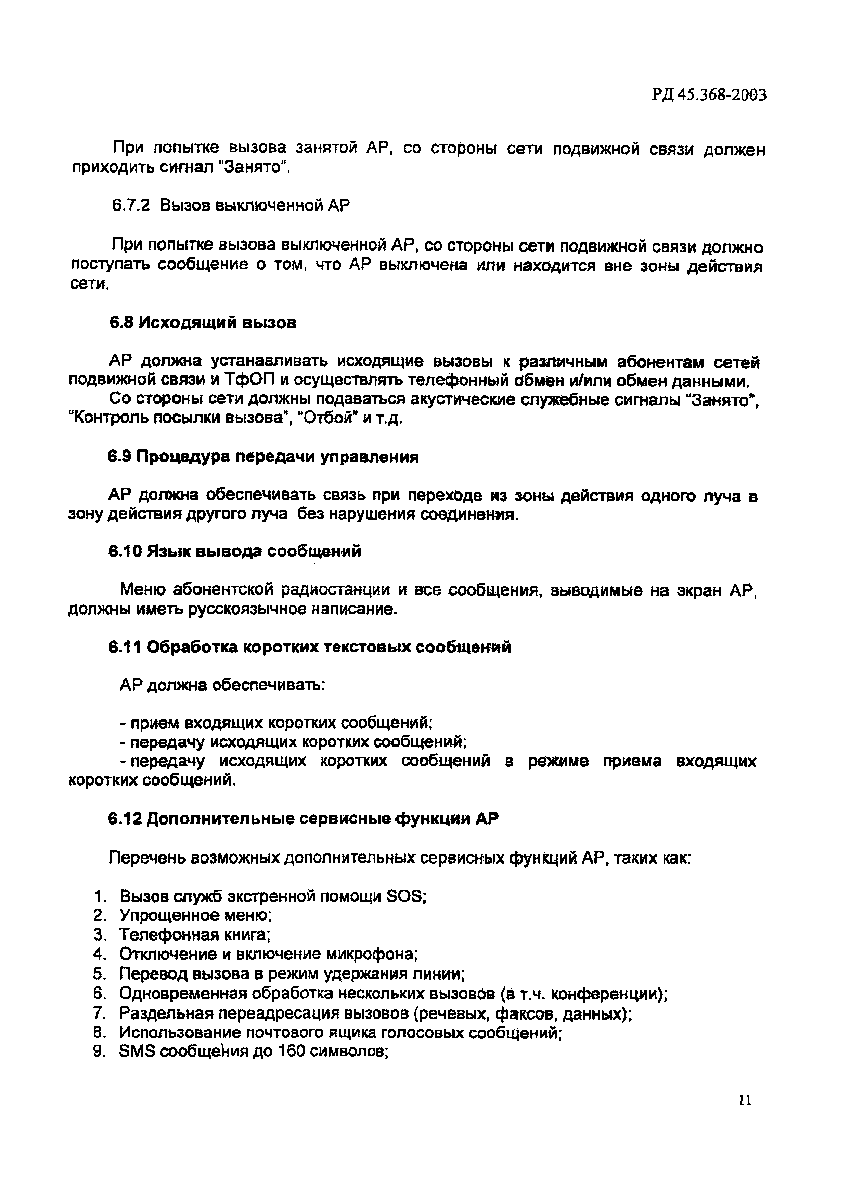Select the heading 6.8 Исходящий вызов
tap(203, 322)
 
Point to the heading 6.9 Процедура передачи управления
tap(263, 457)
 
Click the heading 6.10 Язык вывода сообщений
tap(235, 551)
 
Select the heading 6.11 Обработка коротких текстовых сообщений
tap(310, 647)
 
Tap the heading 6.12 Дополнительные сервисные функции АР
tap(303, 819)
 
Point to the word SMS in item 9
tap(138, 1051)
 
